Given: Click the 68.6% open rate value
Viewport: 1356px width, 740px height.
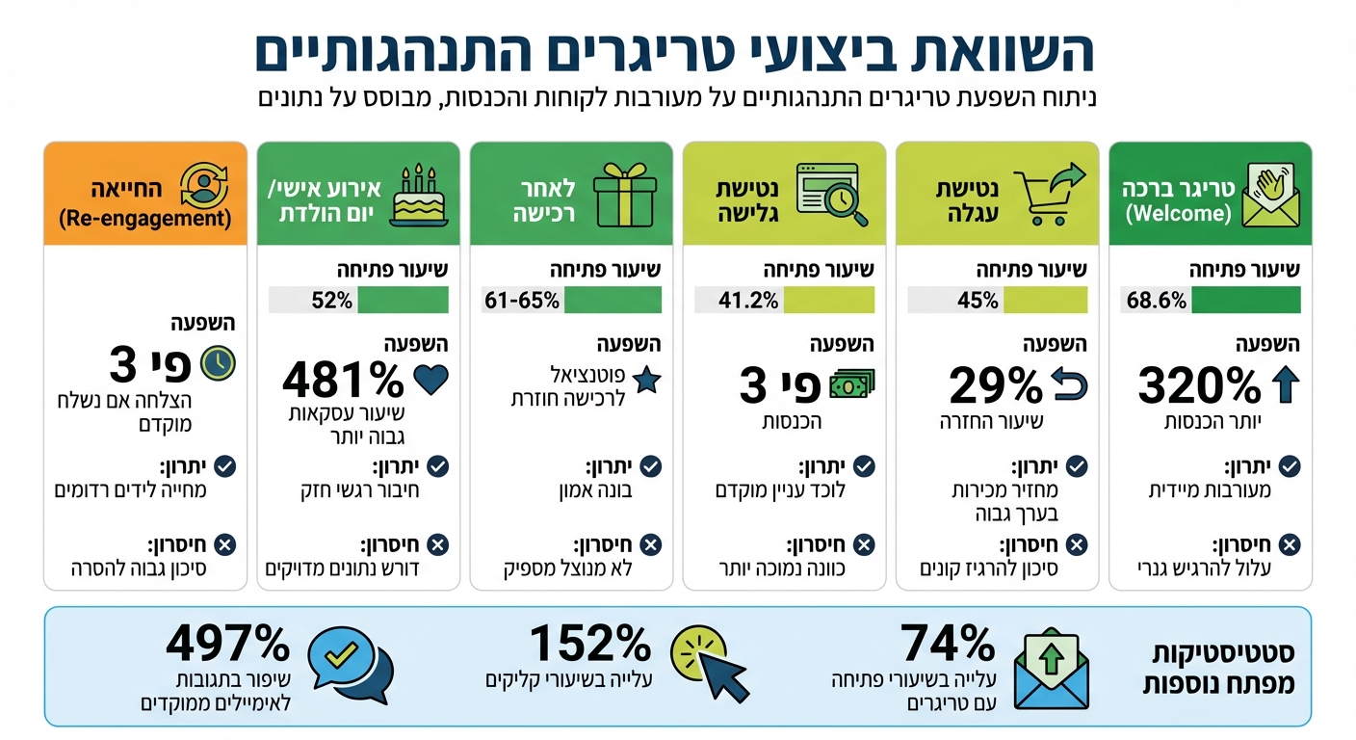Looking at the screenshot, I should pyautogui.click(x=1157, y=301).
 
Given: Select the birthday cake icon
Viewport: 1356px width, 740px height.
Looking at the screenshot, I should pyautogui.click(x=419, y=198).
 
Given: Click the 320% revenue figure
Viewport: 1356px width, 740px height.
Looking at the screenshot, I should pyautogui.click(x=1199, y=386).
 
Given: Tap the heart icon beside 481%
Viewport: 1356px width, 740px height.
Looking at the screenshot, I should pyautogui.click(x=430, y=381).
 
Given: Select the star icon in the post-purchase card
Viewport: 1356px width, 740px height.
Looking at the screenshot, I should pyautogui.click(x=647, y=380).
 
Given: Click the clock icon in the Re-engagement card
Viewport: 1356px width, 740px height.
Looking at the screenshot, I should pyautogui.click(x=217, y=362).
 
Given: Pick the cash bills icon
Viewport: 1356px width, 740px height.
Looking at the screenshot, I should pyautogui.click(x=851, y=384).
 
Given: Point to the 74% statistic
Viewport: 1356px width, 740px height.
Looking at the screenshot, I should pyautogui.click(x=948, y=642).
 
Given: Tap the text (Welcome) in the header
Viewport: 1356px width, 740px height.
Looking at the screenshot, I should pyautogui.click(x=1177, y=214).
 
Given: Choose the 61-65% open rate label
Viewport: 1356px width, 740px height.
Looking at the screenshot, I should pyautogui.click(x=522, y=301).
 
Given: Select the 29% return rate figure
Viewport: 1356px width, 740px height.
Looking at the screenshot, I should pyautogui.click(x=996, y=386).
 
